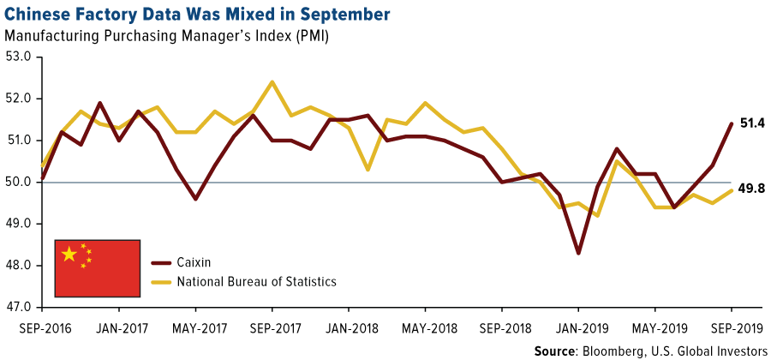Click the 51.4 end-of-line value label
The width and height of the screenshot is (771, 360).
pyautogui.click(x=752, y=123)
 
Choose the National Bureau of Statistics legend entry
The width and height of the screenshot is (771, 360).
pyautogui.click(x=254, y=280)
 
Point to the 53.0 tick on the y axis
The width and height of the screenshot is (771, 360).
pyautogui.click(x=19, y=57)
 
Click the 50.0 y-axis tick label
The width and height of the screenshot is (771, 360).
pyautogui.click(x=19, y=182)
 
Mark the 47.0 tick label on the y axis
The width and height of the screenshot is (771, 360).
pyautogui.click(x=19, y=307)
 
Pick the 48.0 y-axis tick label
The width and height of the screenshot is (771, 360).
pyautogui.click(x=19, y=266)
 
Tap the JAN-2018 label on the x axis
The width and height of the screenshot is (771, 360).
pyautogui.click(x=349, y=327)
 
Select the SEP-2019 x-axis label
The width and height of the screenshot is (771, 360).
pyautogui.click(x=731, y=327)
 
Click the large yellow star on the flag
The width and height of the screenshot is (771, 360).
pyautogui.click(x=69, y=255)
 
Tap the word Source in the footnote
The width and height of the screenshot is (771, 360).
pyautogui.click(x=554, y=350)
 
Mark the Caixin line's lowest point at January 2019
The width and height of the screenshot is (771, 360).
pyautogui.click(x=578, y=253)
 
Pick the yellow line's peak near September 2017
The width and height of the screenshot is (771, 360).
pyautogui.click(x=272, y=82)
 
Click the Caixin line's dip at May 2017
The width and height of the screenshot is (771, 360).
pyautogui.click(x=195, y=199)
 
